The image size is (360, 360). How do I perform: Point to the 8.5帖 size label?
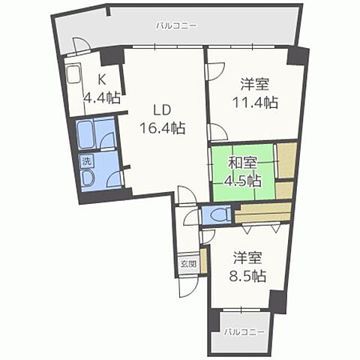pyautogui.click(x=248, y=274)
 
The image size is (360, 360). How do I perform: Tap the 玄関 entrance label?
pyautogui.click(x=188, y=264)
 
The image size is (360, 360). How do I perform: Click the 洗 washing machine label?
pyautogui.click(x=86, y=160)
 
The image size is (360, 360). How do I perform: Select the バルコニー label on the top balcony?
pyautogui.click(x=177, y=25)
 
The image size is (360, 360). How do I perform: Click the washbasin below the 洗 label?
pyautogui.click(x=87, y=178)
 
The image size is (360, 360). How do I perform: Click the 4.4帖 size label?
pyautogui.click(x=103, y=97)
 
